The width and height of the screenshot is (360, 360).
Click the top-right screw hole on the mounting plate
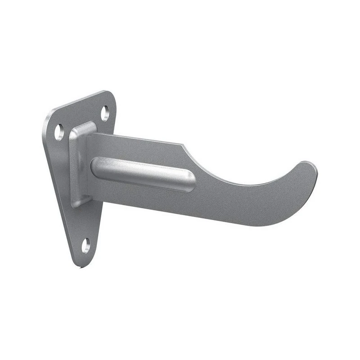[x=105, y=113]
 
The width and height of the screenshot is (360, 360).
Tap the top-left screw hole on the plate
[x=59, y=132]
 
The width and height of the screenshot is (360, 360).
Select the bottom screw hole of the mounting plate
[x=85, y=245]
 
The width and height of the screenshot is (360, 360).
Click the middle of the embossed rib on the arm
[x=143, y=174]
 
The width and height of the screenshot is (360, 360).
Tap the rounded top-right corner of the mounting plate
[x=110, y=95]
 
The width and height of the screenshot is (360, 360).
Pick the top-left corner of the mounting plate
[x=49, y=114]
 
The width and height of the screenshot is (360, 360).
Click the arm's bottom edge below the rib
[x=148, y=207]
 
